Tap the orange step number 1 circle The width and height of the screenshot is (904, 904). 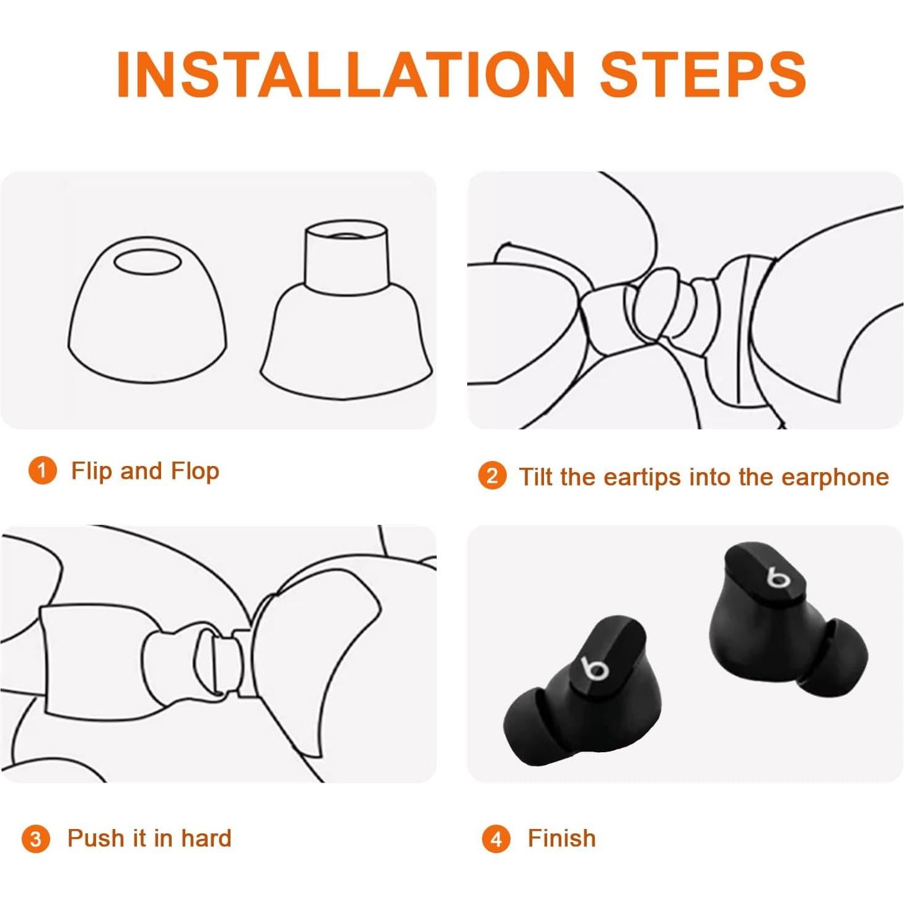[x=42, y=471]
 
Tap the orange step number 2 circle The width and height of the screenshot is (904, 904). [x=492, y=476]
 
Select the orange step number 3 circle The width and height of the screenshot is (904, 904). [x=35, y=839]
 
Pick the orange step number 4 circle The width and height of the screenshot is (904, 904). [x=496, y=839]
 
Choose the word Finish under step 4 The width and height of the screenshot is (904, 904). [x=561, y=838]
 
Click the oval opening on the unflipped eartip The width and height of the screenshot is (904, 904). [x=147, y=261]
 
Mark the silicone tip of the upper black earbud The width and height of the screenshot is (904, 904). [x=840, y=657]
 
